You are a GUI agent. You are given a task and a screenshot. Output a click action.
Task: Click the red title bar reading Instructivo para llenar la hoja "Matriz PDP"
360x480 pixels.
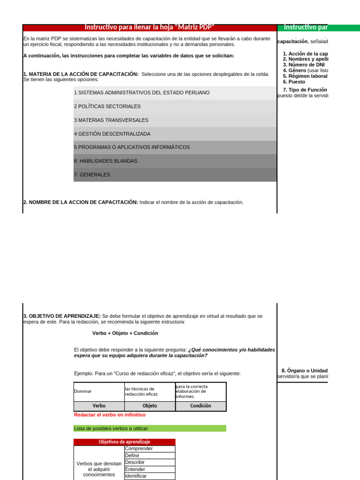150,28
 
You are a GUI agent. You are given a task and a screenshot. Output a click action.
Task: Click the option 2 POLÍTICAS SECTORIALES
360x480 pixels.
107,106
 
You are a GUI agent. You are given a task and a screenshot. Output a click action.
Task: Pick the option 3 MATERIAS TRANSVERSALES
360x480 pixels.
111,120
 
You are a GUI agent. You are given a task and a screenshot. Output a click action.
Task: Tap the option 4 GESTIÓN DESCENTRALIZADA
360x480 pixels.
112,134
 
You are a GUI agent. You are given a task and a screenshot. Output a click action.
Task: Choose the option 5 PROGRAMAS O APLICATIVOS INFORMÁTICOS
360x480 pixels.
132,147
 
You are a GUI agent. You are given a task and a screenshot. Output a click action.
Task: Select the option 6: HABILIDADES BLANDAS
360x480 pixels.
105,161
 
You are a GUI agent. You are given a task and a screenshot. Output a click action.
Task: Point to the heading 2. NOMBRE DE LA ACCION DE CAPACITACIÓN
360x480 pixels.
81,202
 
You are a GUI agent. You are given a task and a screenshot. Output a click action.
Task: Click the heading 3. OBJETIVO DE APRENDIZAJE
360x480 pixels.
62,316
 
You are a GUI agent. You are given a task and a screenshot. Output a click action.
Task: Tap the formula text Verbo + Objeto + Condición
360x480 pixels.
125,333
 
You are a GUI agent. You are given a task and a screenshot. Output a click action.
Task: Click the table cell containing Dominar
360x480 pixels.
98,391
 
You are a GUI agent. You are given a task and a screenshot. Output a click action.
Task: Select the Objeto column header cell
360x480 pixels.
150,406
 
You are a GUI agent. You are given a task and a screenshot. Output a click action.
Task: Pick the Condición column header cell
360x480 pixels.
201,406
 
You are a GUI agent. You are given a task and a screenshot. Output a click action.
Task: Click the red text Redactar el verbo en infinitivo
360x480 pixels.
110,415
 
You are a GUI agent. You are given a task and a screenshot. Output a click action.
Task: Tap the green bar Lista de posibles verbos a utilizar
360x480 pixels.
150,428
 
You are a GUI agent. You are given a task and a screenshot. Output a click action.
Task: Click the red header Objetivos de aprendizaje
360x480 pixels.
124,442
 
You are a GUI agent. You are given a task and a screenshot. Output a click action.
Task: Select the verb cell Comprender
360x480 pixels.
149,449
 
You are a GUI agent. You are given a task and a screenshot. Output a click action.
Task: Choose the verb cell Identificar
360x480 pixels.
149,476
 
